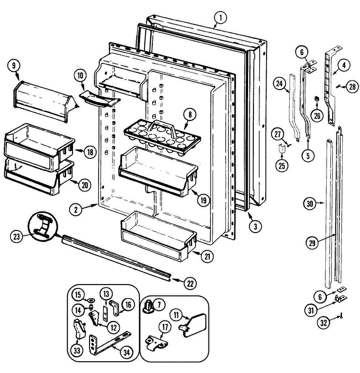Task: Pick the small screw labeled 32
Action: coord(341,315)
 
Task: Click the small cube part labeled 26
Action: coord(316,98)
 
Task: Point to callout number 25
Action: coord(281,165)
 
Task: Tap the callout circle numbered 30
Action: coord(310,204)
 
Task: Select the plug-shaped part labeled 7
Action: coord(148,306)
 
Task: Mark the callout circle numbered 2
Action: coord(76,210)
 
